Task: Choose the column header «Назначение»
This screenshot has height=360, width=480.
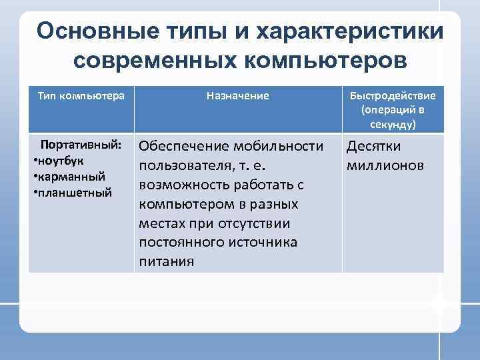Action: pos(238,95)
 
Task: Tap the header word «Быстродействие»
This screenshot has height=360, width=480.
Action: pos(393,95)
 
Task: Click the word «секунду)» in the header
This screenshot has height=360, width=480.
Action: pos(393,125)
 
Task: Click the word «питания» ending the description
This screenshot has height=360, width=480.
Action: pos(167,261)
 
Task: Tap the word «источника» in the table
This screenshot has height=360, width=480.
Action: pos(263,242)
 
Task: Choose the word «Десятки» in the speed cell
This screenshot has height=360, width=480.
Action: pos(373,146)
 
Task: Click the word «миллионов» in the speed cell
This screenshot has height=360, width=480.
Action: pos(385,165)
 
